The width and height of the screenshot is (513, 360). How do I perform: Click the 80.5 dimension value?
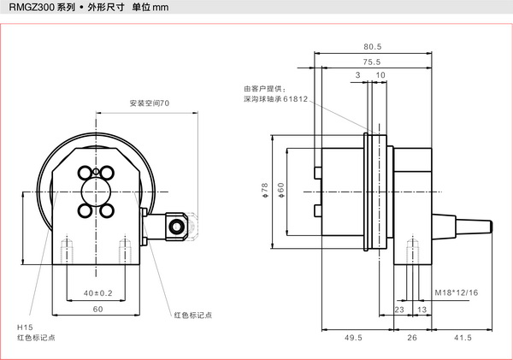point(372,47)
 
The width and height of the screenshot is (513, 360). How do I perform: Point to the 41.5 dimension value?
point(463,338)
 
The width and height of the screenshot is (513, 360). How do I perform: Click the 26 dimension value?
point(412,338)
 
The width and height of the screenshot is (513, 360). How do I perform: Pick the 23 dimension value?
point(399,310)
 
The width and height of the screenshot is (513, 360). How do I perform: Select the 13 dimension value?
point(422,310)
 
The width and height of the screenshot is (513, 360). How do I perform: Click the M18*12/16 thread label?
point(456,292)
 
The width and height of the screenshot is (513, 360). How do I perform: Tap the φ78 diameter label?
point(266,188)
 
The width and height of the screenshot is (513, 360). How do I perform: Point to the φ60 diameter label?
point(281,188)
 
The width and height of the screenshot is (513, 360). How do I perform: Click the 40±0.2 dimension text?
point(97,293)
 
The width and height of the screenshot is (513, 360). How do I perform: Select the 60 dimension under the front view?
point(97,309)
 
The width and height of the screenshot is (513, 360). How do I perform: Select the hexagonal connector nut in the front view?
point(178,225)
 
